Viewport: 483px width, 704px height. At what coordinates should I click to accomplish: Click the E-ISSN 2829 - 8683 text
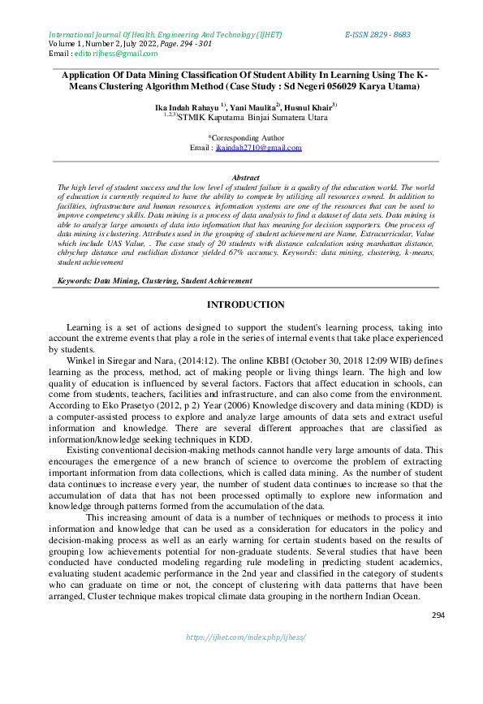click(x=377, y=35)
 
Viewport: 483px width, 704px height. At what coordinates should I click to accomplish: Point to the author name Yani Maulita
click(x=252, y=106)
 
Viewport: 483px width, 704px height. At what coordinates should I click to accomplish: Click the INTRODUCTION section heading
click(x=245, y=304)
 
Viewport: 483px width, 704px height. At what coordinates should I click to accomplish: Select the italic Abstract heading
click(x=245, y=177)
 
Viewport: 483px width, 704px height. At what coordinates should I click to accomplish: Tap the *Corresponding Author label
click(x=246, y=138)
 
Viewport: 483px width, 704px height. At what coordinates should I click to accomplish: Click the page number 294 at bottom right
click(x=438, y=615)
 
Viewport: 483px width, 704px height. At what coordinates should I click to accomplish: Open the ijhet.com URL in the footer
click(x=245, y=637)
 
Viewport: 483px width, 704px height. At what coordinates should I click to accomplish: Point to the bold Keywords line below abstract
click(x=154, y=280)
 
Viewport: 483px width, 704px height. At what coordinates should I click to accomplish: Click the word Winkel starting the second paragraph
click(x=81, y=360)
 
